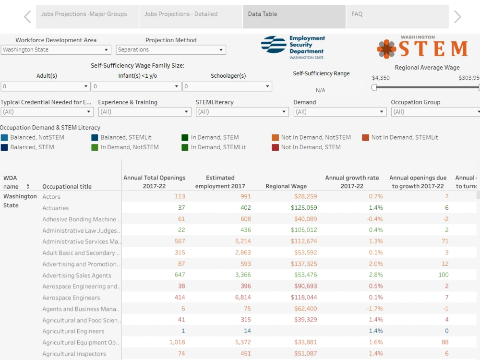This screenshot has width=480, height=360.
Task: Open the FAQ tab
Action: pos(397,17)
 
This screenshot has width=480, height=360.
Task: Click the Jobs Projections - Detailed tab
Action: pos(191,17)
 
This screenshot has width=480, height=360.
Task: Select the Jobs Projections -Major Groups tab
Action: pos(87,17)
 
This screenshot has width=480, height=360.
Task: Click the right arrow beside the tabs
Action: pos(457,17)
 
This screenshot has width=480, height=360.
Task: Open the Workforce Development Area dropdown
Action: pos(56,49)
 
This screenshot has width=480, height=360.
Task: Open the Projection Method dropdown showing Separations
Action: pos(171,49)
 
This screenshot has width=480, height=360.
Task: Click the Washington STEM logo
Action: pos(422,47)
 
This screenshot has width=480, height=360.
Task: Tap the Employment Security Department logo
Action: pos(293,47)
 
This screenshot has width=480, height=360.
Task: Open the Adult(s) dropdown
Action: pos(45,86)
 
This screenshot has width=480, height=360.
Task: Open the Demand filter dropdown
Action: pos(339,112)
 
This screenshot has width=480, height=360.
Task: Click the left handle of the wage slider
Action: pos(374,87)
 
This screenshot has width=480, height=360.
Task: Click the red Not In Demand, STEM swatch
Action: pos(275,147)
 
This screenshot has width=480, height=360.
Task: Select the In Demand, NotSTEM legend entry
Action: pos(125,147)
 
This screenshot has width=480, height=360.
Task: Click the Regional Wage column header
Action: pos(286,186)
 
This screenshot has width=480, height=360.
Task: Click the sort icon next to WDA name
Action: pos(28,186)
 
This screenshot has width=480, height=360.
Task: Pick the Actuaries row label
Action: pos(55,208)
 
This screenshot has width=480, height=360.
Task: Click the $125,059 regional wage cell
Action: pos(304,207)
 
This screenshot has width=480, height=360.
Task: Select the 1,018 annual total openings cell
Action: pos(177,342)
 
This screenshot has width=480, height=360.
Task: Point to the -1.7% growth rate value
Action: pos(375,309)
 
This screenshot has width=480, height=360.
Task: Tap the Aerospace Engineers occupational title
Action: pos(71,298)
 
